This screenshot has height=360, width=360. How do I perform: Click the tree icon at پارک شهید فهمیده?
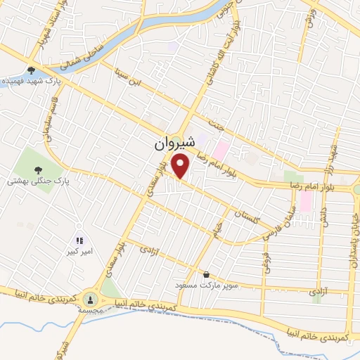pyautogui.click(x=31, y=70)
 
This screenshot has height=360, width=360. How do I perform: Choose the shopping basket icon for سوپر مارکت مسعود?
pyautogui.click(x=205, y=274)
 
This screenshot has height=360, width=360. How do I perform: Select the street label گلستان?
pyautogui.click(x=249, y=215)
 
